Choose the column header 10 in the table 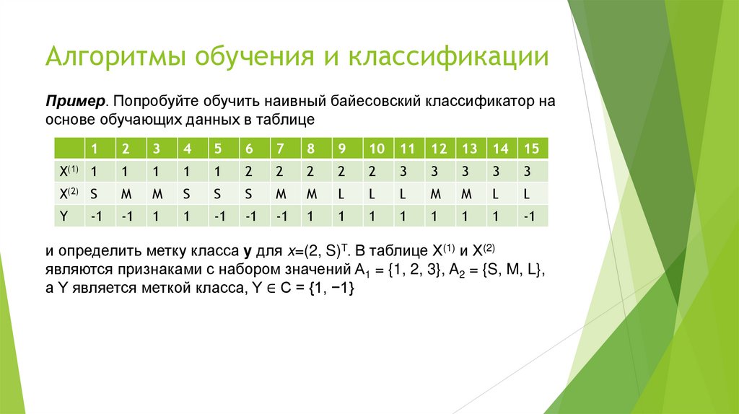tap(376, 149)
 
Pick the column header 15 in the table tap(531, 149)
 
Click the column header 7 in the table tap(279, 149)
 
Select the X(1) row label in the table tap(69, 172)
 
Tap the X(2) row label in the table tap(69, 193)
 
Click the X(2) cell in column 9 tap(341, 193)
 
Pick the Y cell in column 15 tap(531, 216)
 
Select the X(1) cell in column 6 tap(248, 172)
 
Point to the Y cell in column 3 tap(155, 216)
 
